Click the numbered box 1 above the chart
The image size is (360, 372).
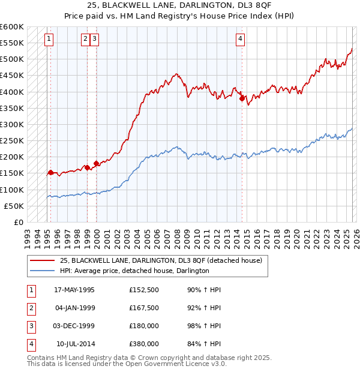[49, 39]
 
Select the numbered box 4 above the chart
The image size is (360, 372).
[240, 39]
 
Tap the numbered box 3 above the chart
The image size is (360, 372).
[95, 39]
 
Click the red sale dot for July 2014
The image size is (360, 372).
[242, 99]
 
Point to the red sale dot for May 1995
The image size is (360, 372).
[50, 172]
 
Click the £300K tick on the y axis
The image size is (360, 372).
[12, 124]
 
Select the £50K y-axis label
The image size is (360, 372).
[14, 206]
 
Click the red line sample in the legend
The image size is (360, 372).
[41, 261]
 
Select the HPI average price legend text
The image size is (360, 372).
[134, 271]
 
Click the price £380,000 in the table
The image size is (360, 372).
[144, 344]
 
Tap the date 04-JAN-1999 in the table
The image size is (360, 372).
[74, 308]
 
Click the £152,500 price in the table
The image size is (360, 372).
[144, 290]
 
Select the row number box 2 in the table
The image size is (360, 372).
[31, 308]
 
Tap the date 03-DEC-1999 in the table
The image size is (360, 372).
[74, 326]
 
